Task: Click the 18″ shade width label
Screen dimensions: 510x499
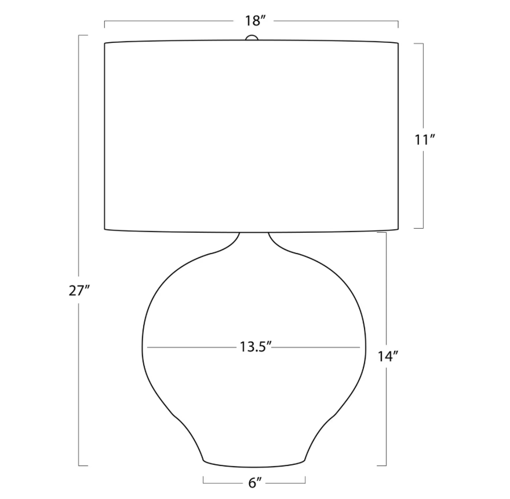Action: tap(253, 21)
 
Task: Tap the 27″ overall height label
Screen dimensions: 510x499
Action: tap(79, 291)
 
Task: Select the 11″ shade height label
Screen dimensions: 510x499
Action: tap(424, 140)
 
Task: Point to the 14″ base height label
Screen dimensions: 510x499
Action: tap(388, 357)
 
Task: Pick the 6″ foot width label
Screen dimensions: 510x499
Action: tap(254, 483)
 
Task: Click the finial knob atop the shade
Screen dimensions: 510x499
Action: tap(252, 38)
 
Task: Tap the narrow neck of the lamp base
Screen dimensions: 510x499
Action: tap(254, 239)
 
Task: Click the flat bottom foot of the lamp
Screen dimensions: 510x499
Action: tap(254, 464)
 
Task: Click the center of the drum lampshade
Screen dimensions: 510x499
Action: tap(252, 136)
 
